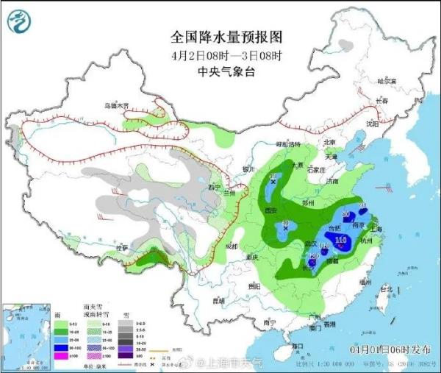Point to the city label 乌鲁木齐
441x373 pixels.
(115, 106)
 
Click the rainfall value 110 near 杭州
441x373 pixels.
(340, 240)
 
